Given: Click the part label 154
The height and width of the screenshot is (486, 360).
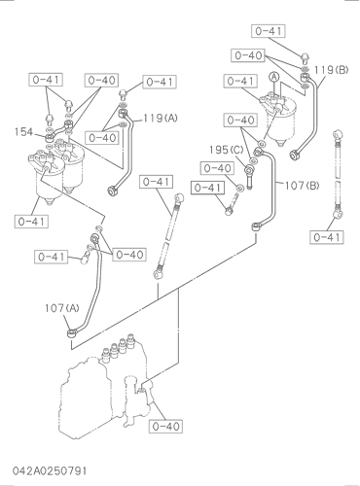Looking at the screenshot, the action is pos(23,132).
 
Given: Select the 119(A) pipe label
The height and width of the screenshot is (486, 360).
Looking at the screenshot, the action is pos(161,119).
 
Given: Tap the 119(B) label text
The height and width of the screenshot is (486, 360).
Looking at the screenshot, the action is pos(331,70).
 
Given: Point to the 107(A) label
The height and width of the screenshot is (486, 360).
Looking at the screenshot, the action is pos(62,308).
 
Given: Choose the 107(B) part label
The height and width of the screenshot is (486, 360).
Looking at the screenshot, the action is pos(302,186).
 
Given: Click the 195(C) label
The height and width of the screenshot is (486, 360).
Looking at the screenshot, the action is pos(226,150).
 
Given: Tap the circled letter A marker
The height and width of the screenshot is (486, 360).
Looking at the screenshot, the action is pos(274,77).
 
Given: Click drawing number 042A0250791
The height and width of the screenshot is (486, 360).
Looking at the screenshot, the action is pos(50,470).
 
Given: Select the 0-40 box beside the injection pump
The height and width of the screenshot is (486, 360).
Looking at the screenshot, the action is pos(165,426).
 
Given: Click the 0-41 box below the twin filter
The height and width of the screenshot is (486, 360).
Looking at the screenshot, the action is pos(31,222).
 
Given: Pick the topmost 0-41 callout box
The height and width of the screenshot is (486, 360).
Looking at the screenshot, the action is pos(269,31).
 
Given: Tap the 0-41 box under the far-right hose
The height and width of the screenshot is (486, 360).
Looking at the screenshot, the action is pos(327,237).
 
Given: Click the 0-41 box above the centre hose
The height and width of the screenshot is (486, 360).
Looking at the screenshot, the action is pos(157,182).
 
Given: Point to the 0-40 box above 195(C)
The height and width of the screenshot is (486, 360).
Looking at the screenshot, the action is pos(240,121).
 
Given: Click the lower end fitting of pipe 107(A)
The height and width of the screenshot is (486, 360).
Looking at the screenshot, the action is pos(72,332).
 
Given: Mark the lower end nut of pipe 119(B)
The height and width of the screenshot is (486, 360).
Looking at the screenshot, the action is pos(295,156).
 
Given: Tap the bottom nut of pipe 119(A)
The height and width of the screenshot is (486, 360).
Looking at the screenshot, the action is pos(112,191).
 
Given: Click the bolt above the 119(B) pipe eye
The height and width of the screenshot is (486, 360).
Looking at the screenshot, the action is pos(305,58).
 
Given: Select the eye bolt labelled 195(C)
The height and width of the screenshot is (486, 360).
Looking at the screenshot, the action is pos(249,177).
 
